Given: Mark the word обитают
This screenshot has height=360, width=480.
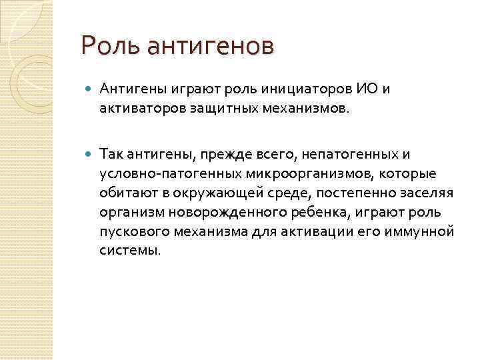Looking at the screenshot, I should coord(125,193).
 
